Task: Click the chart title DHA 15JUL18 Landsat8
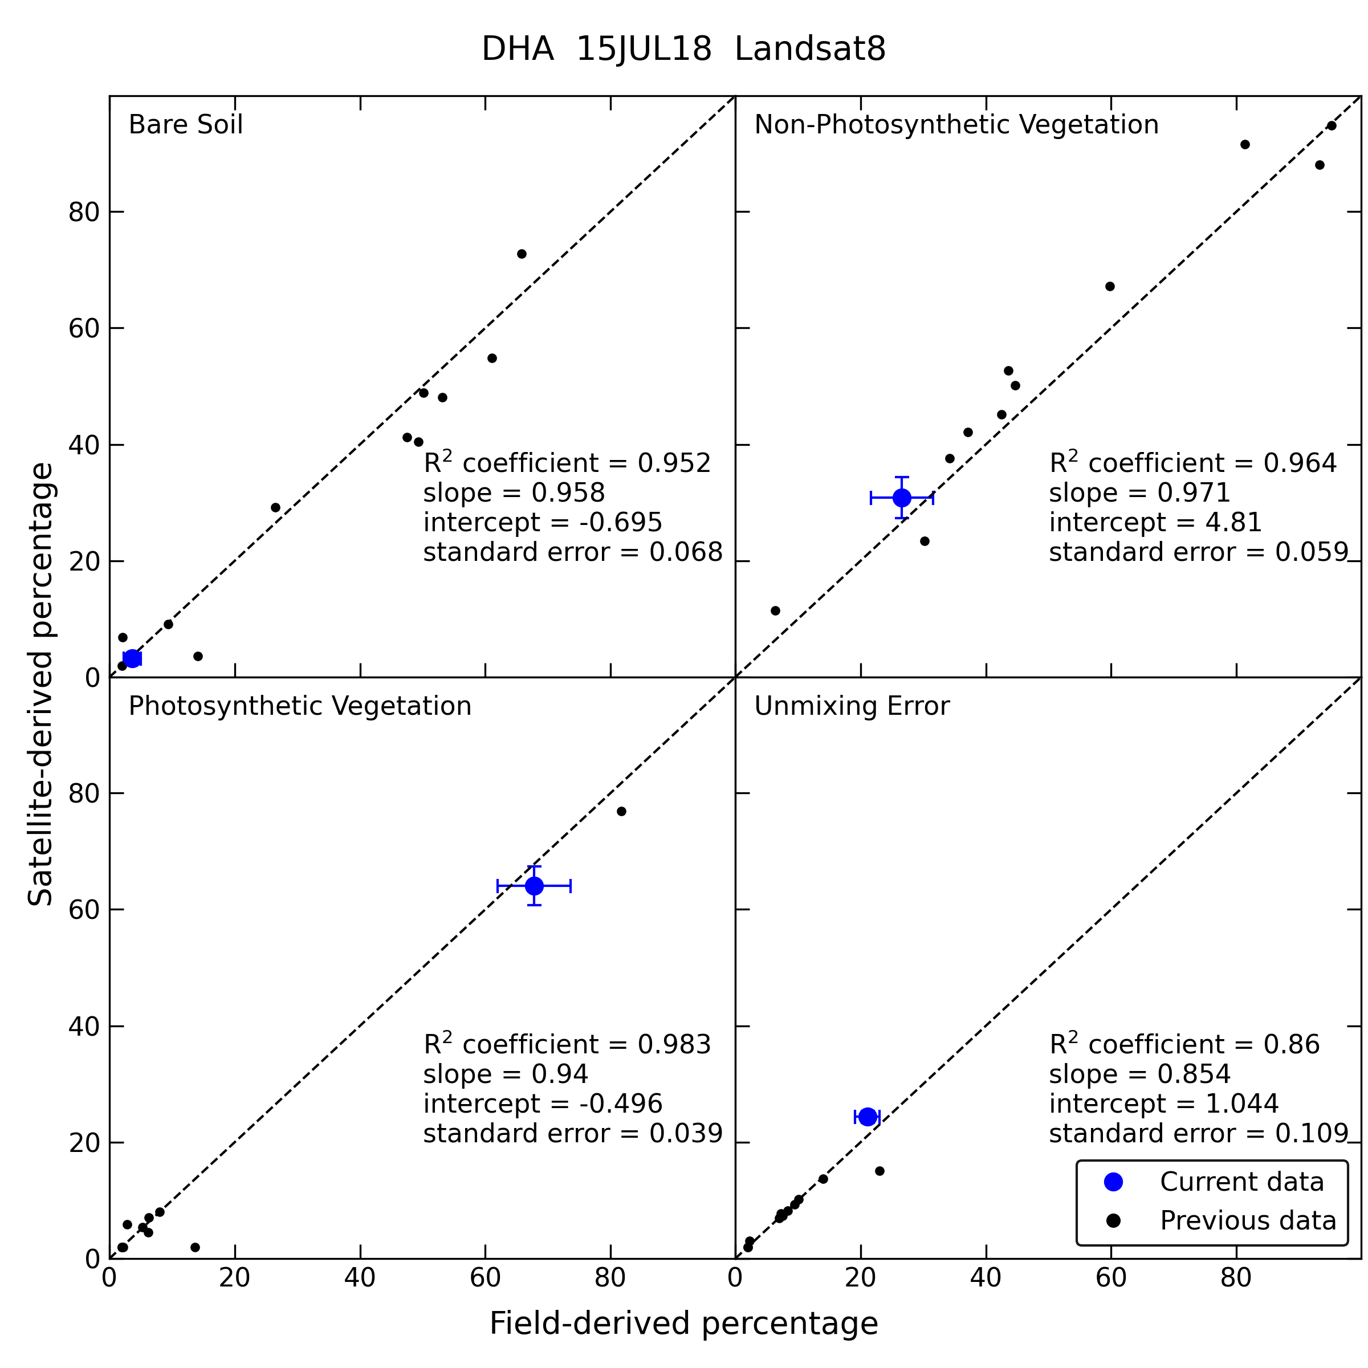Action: tap(683, 50)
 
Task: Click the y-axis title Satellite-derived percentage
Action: tap(40, 684)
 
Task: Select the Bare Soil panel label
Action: tap(185, 125)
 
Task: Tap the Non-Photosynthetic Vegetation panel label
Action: tap(956, 125)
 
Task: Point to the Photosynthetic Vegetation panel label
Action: tap(299, 707)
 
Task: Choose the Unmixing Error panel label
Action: tap(852, 707)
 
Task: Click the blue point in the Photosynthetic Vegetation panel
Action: tap(534, 886)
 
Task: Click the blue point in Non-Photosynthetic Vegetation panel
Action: tap(901, 498)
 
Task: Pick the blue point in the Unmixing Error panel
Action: tap(868, 1117)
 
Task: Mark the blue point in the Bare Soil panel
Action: tap(132, 658)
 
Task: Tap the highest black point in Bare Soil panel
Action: tap(522, 254)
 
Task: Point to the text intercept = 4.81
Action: tap(1155, 523)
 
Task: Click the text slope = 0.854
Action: tap(1140, 1074)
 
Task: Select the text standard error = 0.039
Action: tap(573, 1134)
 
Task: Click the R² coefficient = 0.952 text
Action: tap(567, 462)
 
